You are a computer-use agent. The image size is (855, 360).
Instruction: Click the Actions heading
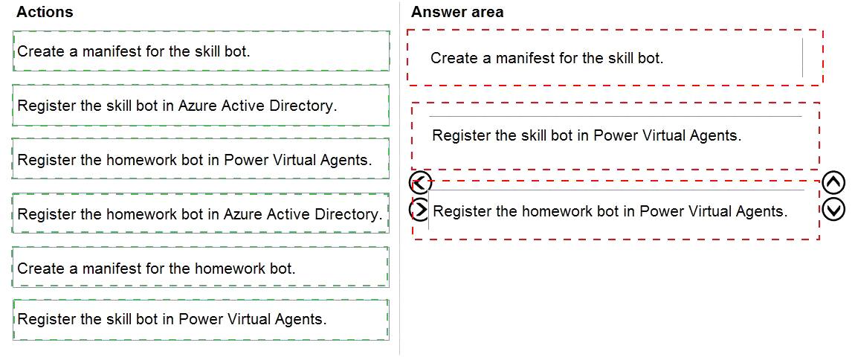tap(45, 12)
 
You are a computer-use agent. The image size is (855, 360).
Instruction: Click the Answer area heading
tap(457, 12)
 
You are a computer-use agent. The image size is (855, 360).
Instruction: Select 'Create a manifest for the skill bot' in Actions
tap(201, 51)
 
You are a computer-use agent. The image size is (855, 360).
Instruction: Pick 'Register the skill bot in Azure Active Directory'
tap(201, 106)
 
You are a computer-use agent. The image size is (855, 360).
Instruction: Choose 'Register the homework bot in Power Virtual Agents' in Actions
tap(201, 159)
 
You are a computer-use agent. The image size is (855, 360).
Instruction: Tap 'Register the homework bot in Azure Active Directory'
tap(201, 213)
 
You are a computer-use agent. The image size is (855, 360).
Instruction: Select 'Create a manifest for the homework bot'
tap(201, 268)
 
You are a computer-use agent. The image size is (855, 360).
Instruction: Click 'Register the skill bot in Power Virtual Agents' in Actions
tap(201, 320)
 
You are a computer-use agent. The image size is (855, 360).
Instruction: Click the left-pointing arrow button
tap(420, 183)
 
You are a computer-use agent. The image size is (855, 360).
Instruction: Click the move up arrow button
tap(833, 183)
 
